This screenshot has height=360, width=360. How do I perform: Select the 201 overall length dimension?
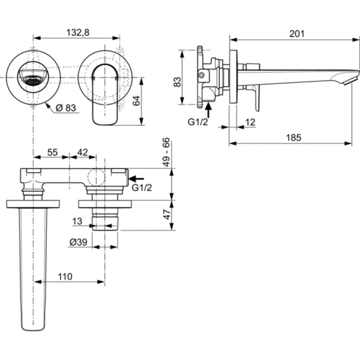[x=296, y=34]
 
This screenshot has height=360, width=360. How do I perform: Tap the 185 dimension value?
[x=292, y=137]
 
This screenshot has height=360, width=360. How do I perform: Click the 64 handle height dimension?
[x=136, y=100]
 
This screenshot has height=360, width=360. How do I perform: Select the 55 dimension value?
[x=52, y=153]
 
